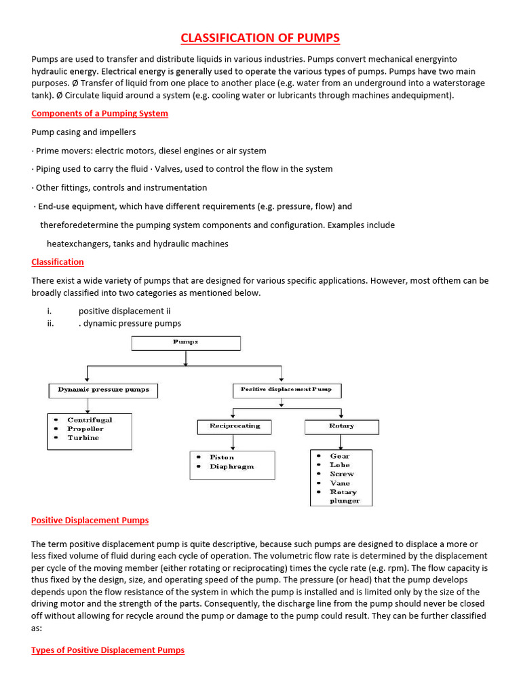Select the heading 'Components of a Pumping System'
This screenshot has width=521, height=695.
point(100,113)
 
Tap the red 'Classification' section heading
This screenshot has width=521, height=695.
point(58,262)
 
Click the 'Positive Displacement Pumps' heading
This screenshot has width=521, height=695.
point(90,521)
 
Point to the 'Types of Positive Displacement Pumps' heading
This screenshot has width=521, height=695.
point(108,650)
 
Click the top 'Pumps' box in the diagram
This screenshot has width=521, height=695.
point(186,343)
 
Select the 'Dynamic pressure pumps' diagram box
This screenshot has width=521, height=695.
point(103,390)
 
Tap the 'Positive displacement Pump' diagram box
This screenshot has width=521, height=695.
point(287,390)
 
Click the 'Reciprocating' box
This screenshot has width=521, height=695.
point(234,426)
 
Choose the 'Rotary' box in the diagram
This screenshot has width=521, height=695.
point(341,426)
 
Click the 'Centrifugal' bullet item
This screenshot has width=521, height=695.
point(90,420)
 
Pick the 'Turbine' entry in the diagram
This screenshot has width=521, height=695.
point(83,438)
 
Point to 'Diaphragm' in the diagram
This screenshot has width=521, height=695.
point(232,466)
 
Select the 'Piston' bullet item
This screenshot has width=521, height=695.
point(222,457)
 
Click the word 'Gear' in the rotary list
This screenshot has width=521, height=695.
point(340,456)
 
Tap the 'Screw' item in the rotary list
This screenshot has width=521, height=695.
point(342,474)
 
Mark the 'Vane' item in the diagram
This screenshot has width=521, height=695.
point(340,483)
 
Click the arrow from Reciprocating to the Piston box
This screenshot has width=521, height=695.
point(233,443)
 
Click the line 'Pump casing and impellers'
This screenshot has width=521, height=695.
point(82,132)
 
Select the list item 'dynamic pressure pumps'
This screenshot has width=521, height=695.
point(132,323)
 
